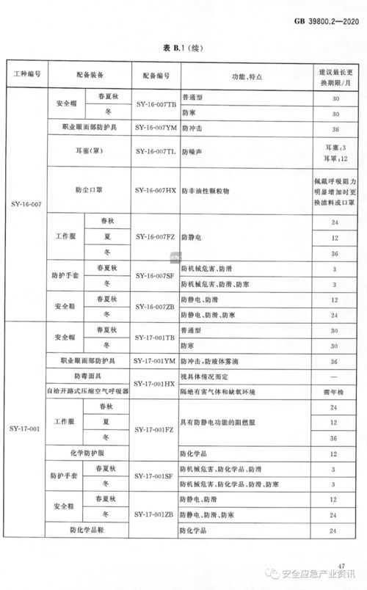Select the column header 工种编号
[28, 76]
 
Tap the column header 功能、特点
[243, 76]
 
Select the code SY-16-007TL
[156, 151]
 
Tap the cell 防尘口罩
[90, 190]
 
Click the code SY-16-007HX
[156, 190]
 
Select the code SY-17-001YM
[156, 361]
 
